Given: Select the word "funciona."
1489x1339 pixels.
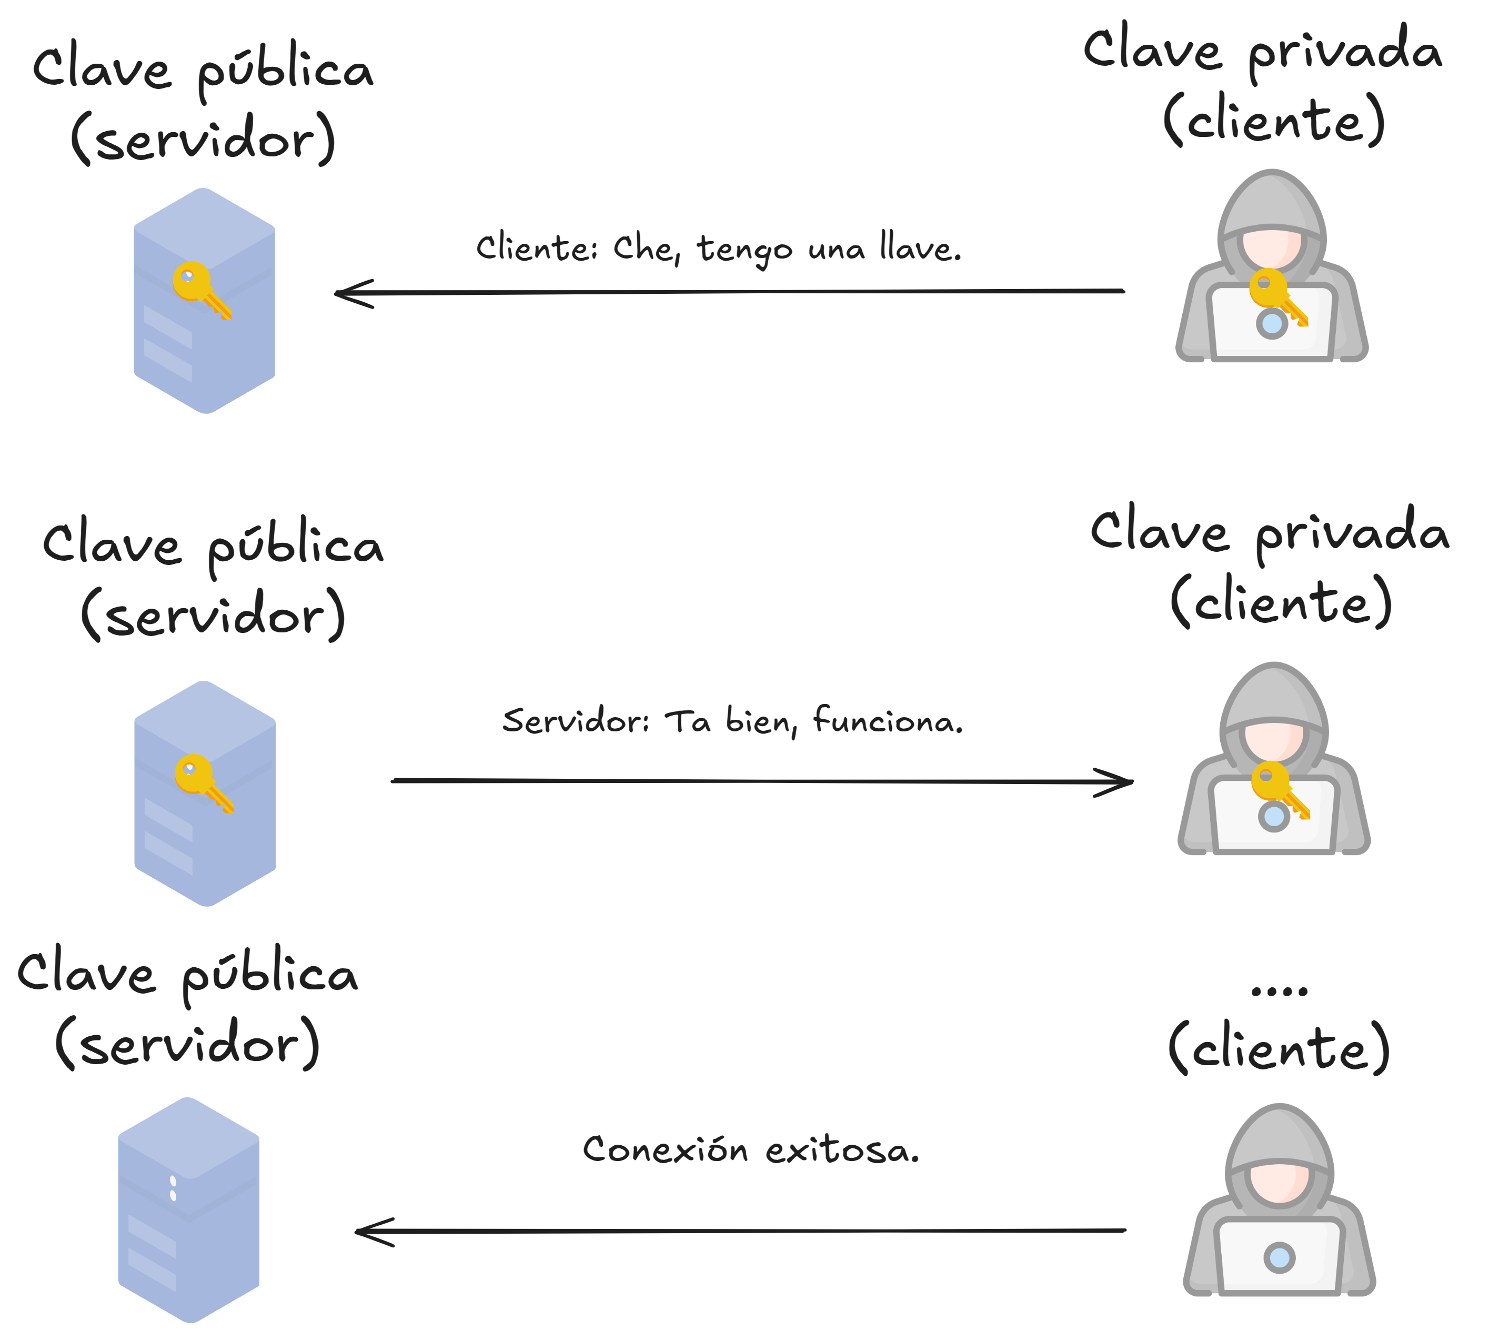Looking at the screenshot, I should point(888,720).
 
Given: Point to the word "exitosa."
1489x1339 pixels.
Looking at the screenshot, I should point(842,1150).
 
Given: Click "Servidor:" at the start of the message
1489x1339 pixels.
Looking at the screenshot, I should point(575,720).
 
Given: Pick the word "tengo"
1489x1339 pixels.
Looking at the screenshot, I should point(744,250).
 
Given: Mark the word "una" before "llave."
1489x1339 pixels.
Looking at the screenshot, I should point(836,250).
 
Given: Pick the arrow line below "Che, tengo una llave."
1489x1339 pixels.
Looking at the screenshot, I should point(736,292).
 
